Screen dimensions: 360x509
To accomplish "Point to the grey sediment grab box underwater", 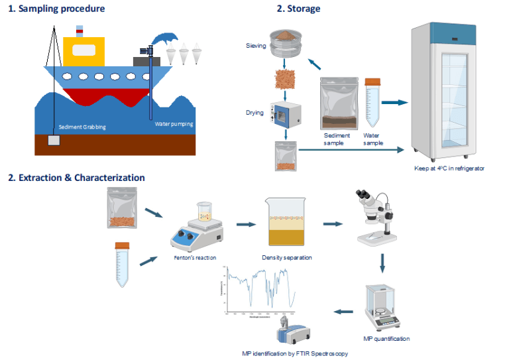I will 53,141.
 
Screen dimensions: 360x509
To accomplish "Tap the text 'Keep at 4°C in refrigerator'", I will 449,168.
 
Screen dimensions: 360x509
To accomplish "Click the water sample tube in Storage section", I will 372,103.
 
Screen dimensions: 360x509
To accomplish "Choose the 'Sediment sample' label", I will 335,139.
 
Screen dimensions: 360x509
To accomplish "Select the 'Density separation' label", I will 287,257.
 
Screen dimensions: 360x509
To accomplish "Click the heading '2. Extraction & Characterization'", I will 76,178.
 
